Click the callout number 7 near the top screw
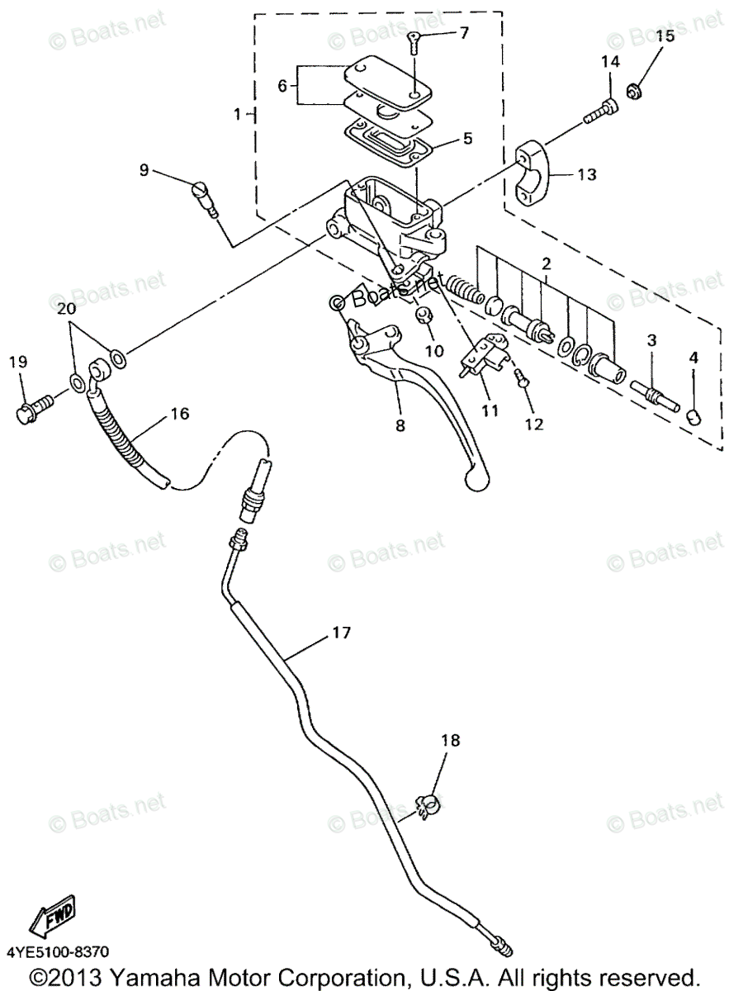coord(463,33)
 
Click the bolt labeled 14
coord(600,111)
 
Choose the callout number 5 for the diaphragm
coord(467,138)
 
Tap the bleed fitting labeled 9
coord(203,197)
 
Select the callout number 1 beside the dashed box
coord(237,115)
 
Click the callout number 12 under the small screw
coord(533,424)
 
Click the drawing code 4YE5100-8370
coord(59,952)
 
